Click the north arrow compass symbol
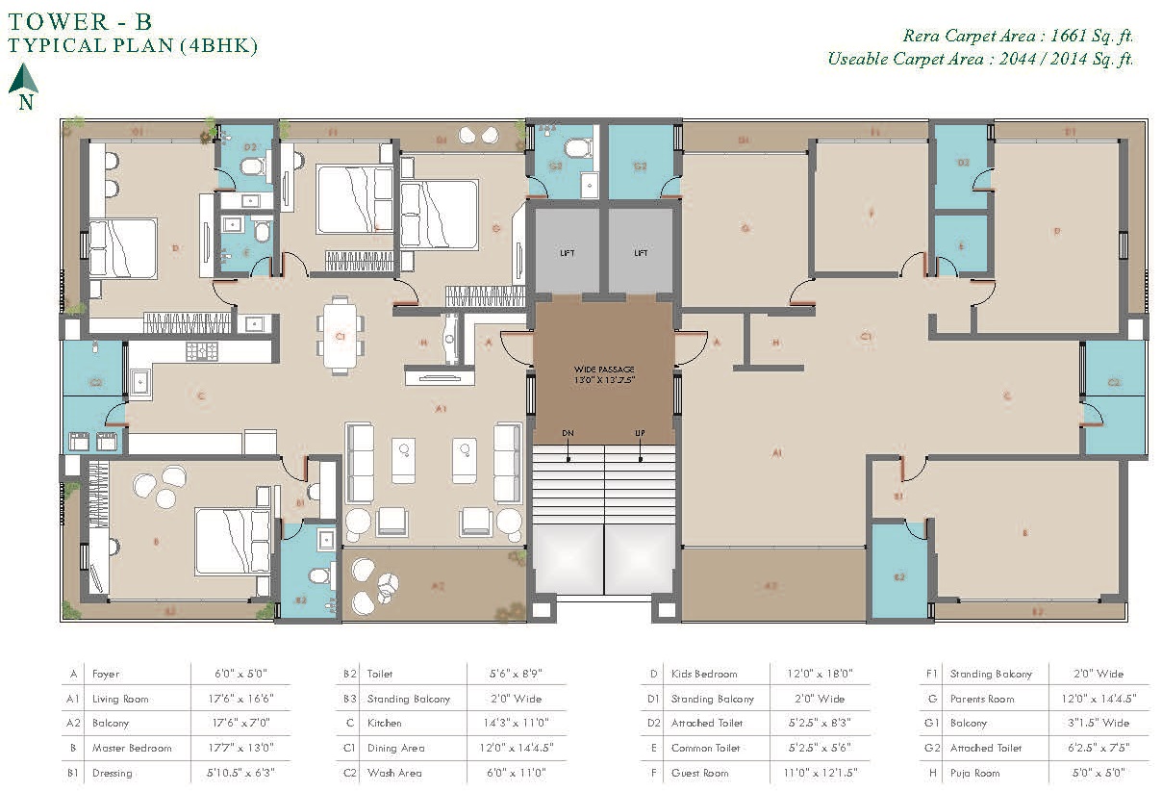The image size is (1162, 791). coord(23,79)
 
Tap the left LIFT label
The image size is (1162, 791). coord(567,253)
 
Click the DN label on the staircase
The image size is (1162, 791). coord(568,434)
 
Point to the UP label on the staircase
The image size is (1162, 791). coord(640,434)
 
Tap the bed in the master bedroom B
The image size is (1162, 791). coord(232,541)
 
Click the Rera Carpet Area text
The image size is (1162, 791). coord(1018,37)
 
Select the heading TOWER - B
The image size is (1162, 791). coord(79,19)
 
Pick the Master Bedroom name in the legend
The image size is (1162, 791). coord(132,748)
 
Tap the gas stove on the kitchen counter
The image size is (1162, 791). coord(203,350)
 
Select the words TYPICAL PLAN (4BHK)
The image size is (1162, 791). coord(132,45)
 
